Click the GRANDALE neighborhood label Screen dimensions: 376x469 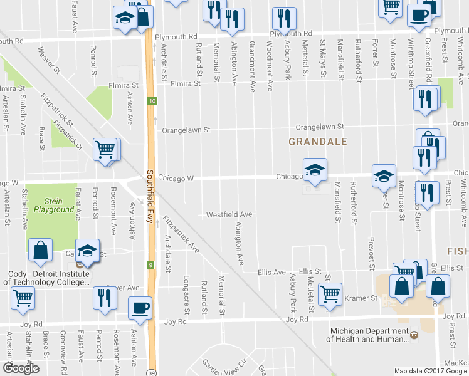(317, 142)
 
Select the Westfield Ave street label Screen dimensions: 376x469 (229, 215)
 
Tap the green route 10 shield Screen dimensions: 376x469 (152, 101)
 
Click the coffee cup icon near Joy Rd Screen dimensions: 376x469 (140, 308)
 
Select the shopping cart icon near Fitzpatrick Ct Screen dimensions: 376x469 (105, 150)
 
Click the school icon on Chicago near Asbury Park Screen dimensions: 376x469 (315, 169)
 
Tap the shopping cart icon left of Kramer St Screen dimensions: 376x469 (330, 293)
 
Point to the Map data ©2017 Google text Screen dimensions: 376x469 (431, 371)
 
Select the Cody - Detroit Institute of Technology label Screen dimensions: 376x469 (48, 278)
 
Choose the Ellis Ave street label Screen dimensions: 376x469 (271, 273)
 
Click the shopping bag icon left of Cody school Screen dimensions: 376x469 (40, 250)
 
